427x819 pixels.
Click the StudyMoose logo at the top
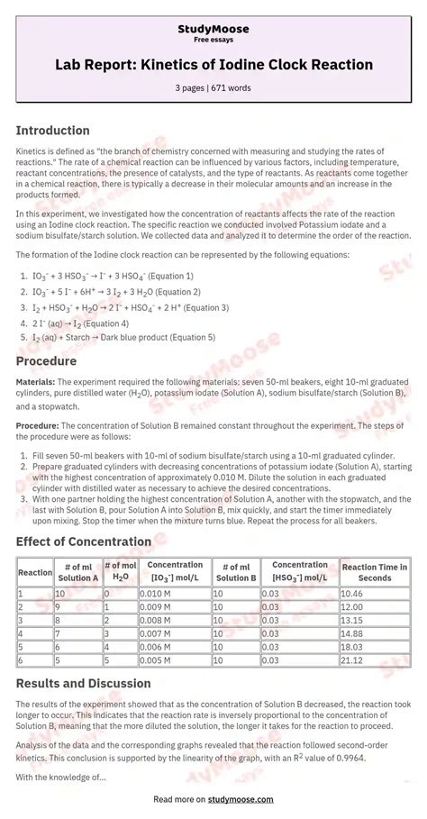(x=213, y=30)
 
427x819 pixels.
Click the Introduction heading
(x=52, y=131)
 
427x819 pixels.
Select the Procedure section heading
(x=46, y=361)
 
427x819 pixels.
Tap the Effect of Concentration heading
(x=84, y=541)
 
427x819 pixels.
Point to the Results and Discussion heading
(x=84, y=684)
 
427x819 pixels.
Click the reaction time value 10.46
(x=352, y=594)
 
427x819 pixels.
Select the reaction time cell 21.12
(x=352, y=660)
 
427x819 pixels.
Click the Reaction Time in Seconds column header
(x=374, y=572)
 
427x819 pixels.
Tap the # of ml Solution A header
(x=77, y=572)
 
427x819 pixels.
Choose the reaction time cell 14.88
(x=352, y=633)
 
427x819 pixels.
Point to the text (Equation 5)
(x=190, y=338)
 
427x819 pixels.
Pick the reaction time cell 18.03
(x=352, y=647)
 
